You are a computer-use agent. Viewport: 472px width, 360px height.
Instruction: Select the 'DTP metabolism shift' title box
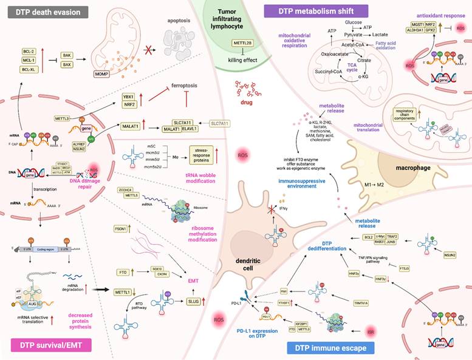tap(316, 10)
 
